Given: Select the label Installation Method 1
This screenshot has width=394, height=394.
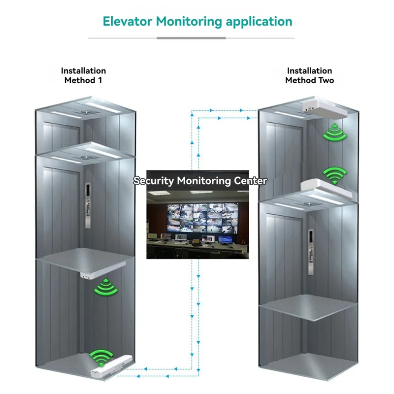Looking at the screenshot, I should [x=83, y=75].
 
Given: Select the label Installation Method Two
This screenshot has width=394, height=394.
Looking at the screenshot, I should [x=309, y=75].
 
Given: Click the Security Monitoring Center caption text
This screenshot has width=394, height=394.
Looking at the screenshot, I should [x=200, y=181].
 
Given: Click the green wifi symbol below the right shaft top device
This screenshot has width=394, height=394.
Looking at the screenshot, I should [x=335, y=132].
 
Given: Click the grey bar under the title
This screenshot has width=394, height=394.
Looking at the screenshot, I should [x=191, y=38].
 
